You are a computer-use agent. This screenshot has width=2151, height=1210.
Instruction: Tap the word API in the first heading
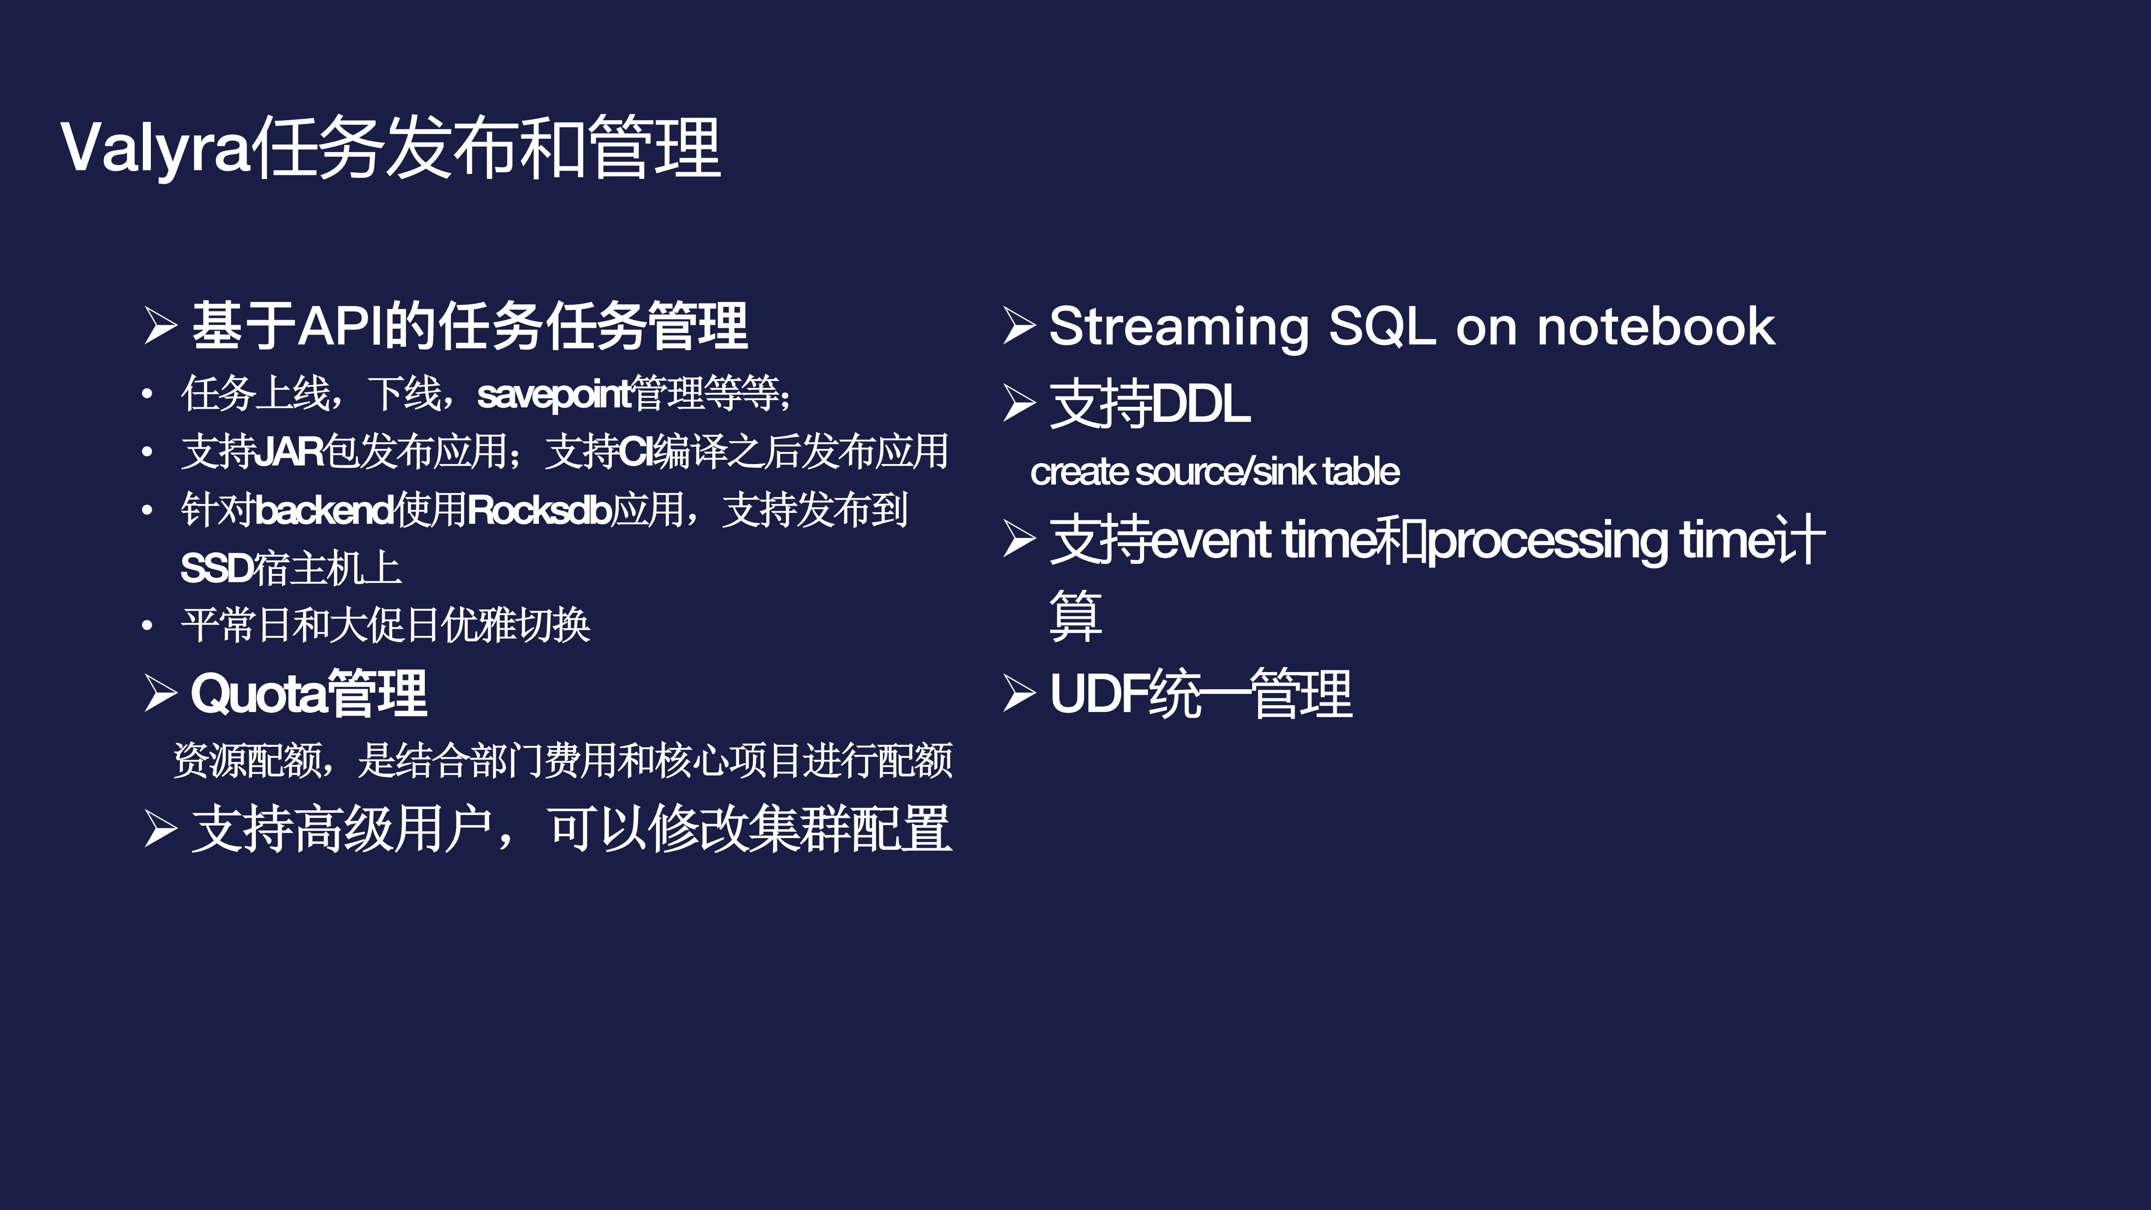(x=338, y=326)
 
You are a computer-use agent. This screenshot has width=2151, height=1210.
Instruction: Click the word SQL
(x=1382, y=326)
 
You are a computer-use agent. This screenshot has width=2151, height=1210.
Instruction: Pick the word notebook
(x=1656, y=326)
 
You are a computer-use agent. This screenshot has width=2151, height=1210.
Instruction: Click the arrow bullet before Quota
(x=160, y=693)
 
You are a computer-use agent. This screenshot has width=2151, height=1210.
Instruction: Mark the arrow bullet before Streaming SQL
(x=1019, y=326)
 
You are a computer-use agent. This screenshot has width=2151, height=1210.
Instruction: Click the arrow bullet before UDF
(x=1019, y=693)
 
